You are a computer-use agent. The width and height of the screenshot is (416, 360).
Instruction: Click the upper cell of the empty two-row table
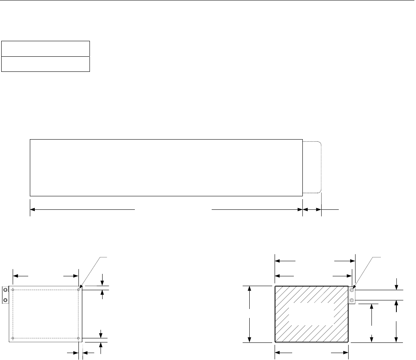45,48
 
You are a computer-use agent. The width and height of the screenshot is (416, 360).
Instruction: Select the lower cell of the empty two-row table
45,64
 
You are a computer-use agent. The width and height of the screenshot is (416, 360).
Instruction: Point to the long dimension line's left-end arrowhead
33,209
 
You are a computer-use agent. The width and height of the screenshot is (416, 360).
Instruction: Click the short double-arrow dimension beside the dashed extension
312,209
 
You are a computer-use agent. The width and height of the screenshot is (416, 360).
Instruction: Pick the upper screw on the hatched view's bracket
352,290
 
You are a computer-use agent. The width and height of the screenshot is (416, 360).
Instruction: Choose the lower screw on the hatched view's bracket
352,300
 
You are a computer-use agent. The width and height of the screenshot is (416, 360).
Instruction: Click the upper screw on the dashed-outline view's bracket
5,290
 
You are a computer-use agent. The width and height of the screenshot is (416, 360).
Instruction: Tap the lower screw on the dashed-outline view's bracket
5,300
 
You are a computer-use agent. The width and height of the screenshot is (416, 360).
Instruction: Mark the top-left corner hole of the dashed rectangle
13,290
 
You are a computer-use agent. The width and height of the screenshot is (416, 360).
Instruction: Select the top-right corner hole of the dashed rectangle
78,290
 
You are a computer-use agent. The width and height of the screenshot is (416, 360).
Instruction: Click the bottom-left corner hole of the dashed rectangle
13,338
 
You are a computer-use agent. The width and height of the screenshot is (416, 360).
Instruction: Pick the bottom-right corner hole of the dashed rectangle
78,338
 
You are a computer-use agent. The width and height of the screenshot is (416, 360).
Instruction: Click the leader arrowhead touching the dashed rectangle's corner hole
81,287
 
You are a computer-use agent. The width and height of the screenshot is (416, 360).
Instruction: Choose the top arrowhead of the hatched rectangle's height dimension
250,288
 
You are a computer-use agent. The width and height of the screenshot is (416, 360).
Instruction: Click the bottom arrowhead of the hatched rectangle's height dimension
250,340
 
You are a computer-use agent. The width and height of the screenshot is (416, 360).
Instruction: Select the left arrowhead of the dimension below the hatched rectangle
277,351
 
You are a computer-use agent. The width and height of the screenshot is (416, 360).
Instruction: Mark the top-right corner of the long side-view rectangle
302,140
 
